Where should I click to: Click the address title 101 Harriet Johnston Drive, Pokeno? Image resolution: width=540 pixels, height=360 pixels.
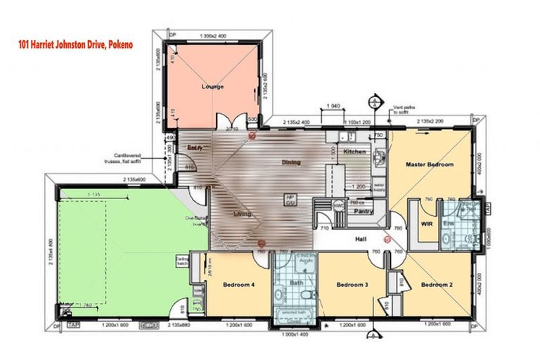coord(75,44)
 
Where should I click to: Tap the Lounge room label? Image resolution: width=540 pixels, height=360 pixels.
coord(212,87)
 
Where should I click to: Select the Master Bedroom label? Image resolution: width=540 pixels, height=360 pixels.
coord(430,165)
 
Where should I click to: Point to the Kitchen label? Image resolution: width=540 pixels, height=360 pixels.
coord(354,152)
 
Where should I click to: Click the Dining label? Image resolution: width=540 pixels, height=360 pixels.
coord(290,162)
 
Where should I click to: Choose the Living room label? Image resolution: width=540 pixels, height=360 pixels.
coord(243,214)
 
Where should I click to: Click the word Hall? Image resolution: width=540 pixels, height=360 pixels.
coord(361,240)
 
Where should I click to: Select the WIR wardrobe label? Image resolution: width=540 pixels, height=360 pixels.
coord(425,224)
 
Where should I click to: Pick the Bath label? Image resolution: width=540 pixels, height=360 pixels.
coord(296,283)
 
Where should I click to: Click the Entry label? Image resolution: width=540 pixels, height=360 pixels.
coord(195,147)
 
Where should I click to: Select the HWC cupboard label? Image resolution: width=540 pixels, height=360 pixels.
coord(338,205)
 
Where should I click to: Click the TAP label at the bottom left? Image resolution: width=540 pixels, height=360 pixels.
coord(73,326)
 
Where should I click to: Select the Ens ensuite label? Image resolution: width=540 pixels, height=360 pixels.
coord(448,224)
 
